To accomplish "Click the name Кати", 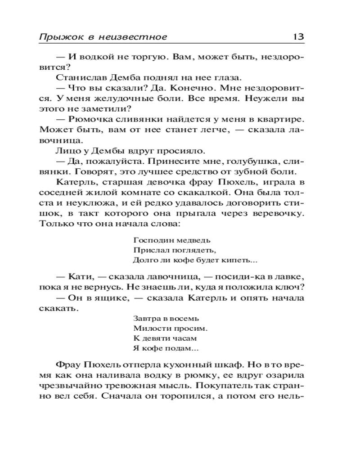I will pos(80,277).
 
